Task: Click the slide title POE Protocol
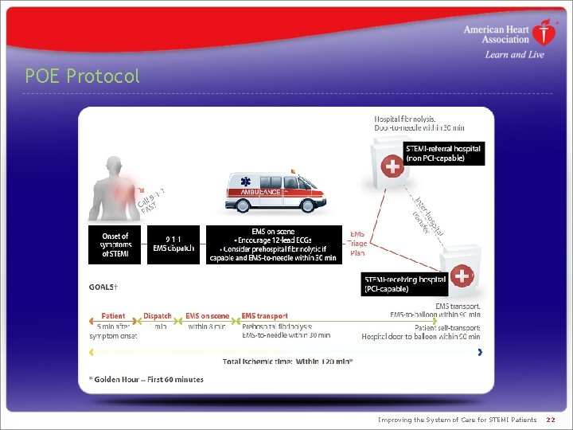[x=82, y=76]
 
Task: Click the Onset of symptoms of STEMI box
[x=115, y=244]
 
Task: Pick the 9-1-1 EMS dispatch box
[x=173, y=244]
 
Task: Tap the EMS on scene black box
[x=273, y=244]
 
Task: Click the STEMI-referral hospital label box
[x=443, y=153]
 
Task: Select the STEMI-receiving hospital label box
[x=404, y=284]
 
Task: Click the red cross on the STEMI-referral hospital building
[x=392, y=166]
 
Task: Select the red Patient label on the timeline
[x=113, y=316]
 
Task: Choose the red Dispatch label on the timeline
[x=157, y=316]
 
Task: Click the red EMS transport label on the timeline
[x=264, y=316]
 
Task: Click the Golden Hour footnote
[x=146, y=379]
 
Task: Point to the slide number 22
[x=551, y=420]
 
